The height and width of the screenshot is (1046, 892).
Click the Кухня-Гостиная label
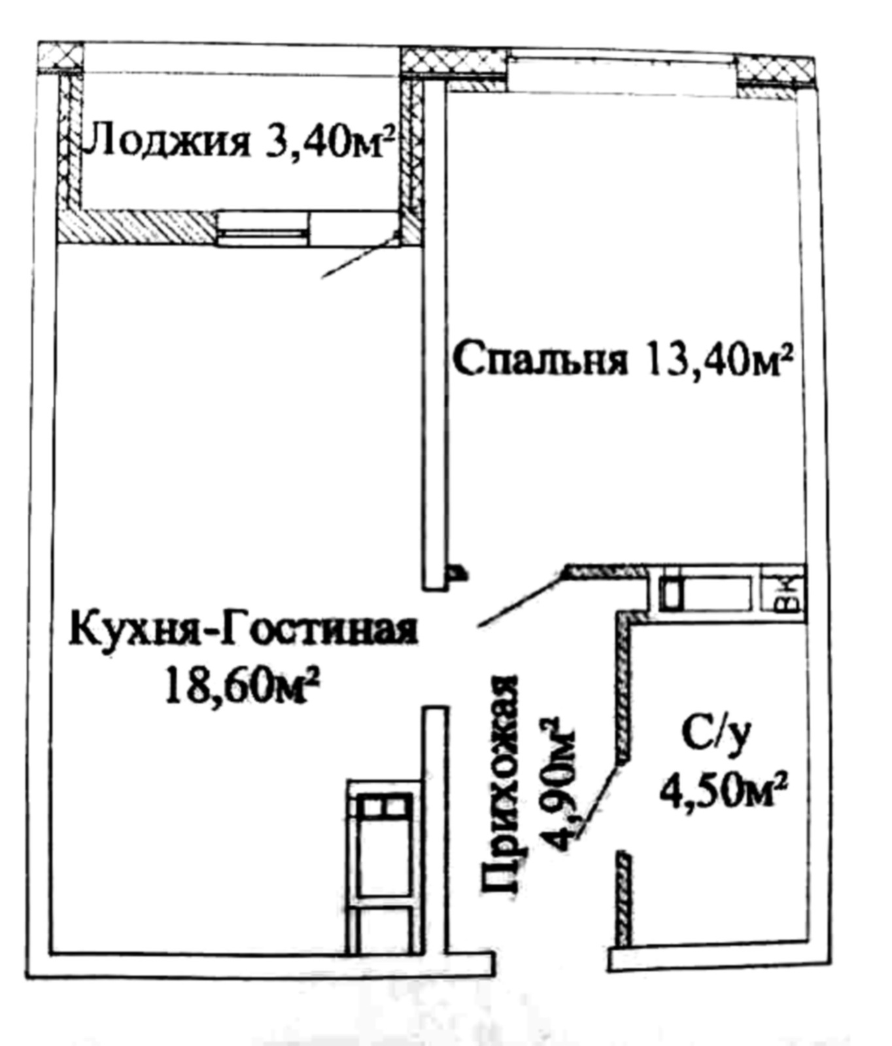point(243,629)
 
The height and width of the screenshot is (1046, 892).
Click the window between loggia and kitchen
point(262,229)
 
